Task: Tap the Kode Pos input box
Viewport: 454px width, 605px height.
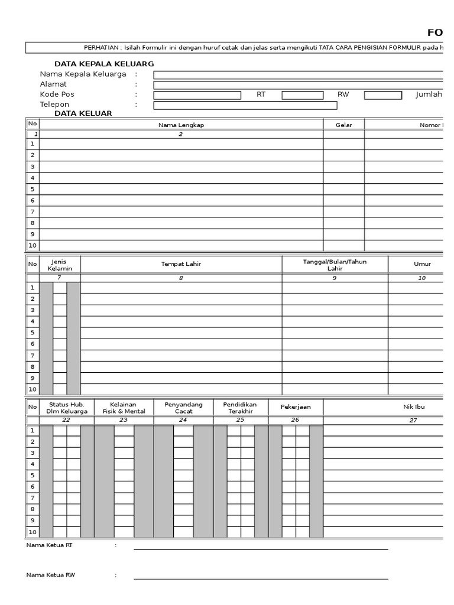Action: click(197, 95)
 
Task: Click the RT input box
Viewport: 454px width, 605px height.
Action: click(302, 95)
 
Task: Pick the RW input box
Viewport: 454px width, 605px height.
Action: click(382, 95)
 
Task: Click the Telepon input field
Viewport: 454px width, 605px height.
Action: click(245, 106)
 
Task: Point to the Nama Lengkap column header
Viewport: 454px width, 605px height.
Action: click(181, 125)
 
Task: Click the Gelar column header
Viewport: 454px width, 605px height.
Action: click(343, 125)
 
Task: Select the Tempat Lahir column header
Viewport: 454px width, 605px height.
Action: click(181, 264)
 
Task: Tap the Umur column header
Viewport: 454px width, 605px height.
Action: click(422, 264)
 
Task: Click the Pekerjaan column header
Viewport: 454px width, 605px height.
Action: click(296, 407)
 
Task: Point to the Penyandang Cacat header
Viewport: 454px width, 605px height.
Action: click(183, 408)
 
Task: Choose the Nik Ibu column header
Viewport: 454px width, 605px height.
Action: click(414, 407)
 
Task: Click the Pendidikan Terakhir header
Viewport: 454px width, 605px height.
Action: click(240, 408)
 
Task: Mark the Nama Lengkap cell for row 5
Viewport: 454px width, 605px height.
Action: click(181, 189)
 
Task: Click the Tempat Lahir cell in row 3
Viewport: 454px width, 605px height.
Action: click(181, 310)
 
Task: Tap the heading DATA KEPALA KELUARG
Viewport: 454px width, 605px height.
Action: click(104, 63)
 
